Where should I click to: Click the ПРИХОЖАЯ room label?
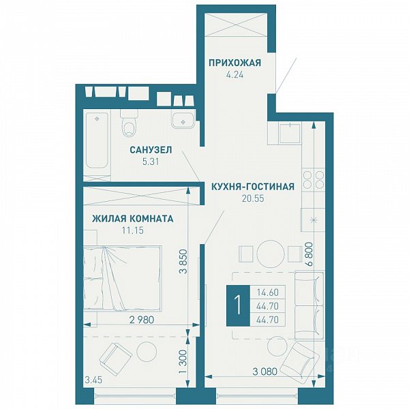pyautogui.click(x=234, y=63)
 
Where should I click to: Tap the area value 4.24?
pyautogui.click(x=234, y=75)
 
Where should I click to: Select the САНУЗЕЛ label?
pyautogui.click(x=151, y=150)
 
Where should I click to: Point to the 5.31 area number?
pyautogui.click(x=151, y=162)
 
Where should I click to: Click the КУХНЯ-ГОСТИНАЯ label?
pyautogui.click(x=253, y=187)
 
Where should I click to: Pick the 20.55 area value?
pyautogui.click(x=253, y=198)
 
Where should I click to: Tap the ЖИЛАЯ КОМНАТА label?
pyautogui.click(x=132, y=219)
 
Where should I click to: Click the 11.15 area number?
pyautogui.click(x=132, y=230)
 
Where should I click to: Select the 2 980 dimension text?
pyautogui.click(x=142, y=320)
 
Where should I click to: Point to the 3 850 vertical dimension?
pyautogui.click(x=183, y=261)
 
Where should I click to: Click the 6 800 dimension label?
pyautogui.click(x=309, y=254)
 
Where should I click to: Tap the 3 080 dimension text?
pyautogui.click(x=264, y=372)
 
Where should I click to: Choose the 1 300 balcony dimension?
pyautogui.click(x=183, y=361)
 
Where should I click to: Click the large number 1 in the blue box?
pyautogui.click(x=238, y=305)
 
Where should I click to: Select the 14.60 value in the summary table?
pyautogui.click(x=268, y=292)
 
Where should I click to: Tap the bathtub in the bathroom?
pyautogui.click(x=97, y=140)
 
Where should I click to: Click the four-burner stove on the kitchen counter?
pyautogui.click(x=314, y=179)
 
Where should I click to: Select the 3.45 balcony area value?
pyautogui.click(x=93, y=380)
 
